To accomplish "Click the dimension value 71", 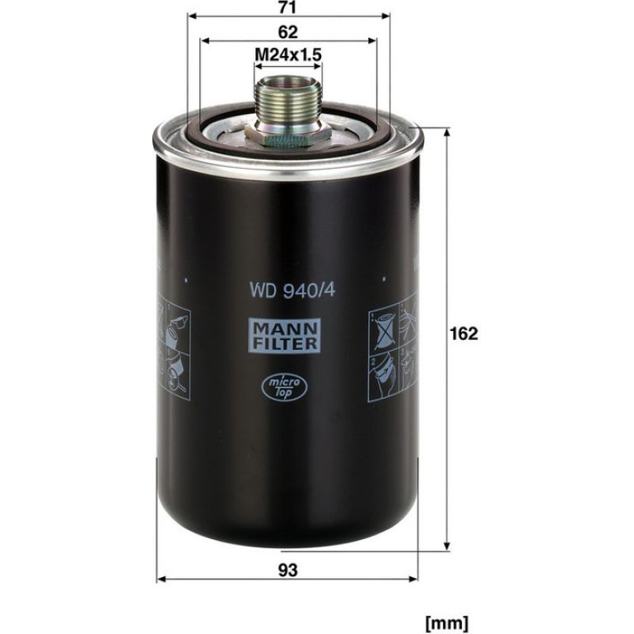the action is point(288,7).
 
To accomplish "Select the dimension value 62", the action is point(288,32).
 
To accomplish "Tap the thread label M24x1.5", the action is point(288,54).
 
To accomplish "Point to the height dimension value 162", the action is point(464,333).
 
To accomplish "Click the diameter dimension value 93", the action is point(288,571).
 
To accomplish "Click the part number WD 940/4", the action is point(292,290).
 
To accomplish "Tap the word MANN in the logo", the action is point(286,329).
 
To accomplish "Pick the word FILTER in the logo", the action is point(286,343).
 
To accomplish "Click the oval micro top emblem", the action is point(285,387).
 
